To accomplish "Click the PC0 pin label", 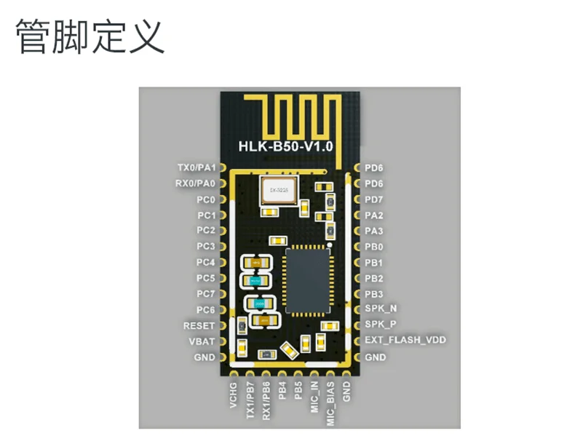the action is (x=206, y=199).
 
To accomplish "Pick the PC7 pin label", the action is (x=206, y=294).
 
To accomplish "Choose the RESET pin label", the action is (x=199, y=325).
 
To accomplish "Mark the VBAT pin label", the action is (x=202, y=341).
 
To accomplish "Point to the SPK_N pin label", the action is (x=380, y=309).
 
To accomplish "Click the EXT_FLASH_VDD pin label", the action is (x=405, y=340).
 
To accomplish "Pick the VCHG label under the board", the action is (x=233, y=396).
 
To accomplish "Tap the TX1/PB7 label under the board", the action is (x=250, y=401).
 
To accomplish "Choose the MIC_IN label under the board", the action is (x=314, y=397).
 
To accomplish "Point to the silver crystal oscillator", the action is (x=279, y=191).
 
